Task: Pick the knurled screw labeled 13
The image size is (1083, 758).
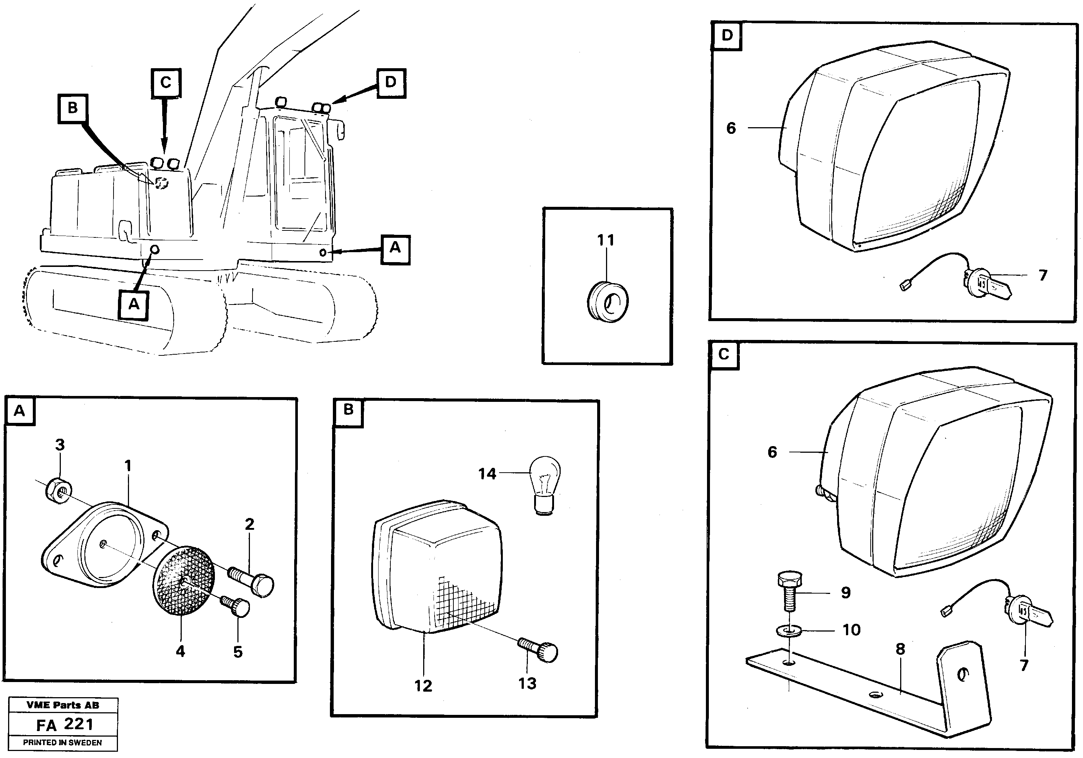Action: click(x=540, y=650)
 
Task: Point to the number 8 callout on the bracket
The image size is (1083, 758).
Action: click(x=901, y=649)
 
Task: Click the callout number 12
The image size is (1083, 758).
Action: click(x=423, y=685)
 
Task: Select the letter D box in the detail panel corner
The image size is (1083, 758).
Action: click(x=727, y=35)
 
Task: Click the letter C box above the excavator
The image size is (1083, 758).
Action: click(x=166, y=83)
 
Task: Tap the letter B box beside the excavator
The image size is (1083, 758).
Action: click(x=72, y=108)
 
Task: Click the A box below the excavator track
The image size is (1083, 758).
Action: click(x=133, y=305)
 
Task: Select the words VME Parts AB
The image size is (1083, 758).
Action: click(x=63, y=705)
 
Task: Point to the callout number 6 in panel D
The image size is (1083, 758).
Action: click(x=731, y=128)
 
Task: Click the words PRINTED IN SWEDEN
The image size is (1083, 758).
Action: click(x=62, y=743)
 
